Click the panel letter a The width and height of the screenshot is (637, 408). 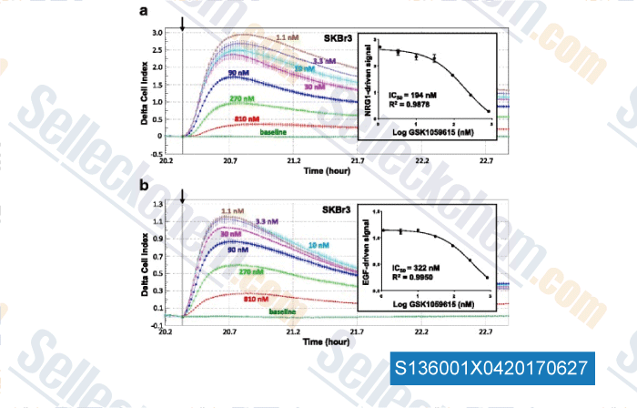pyautogui.click(x=142, y=11)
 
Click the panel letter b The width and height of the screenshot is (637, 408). pyautogui.click(x=142, y=187)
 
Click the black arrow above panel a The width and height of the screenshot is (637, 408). pyautogui.click(x=183, y=21)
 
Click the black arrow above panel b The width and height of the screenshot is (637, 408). pyautogui.click(x=183, y=196)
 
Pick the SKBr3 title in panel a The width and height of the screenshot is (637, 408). pyautogui.click(x=339, y=39)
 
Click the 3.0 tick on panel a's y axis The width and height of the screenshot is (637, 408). pyautogui.click(x=157, y=33)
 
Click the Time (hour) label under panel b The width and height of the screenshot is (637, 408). pyautogui.click(x=326, y=343)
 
